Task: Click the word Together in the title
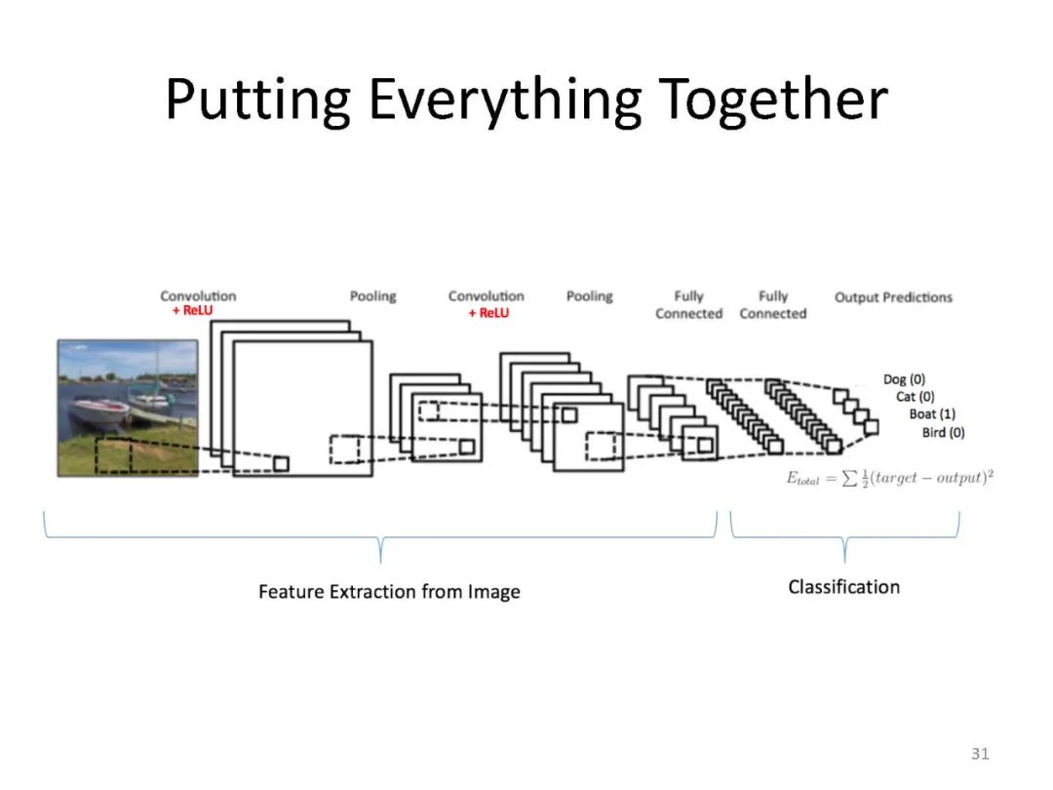point(773,99)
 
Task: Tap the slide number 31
point(980,753)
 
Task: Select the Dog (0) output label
point(904,379)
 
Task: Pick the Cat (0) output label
point(915,397)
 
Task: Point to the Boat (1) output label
point(932,415)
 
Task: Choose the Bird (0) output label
point(943,432)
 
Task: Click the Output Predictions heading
point(893,296)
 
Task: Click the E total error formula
point(889,479)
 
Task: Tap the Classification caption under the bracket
point(843,586)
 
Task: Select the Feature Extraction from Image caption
point(389,592)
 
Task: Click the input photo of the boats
point(128,407)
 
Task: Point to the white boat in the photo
point(97,411)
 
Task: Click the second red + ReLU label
point(488,313)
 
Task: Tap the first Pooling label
point(372,296)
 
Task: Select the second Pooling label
point(589,296)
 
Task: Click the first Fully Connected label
point(688,304)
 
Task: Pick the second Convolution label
point(486,296)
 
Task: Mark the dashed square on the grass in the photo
point(113,455)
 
